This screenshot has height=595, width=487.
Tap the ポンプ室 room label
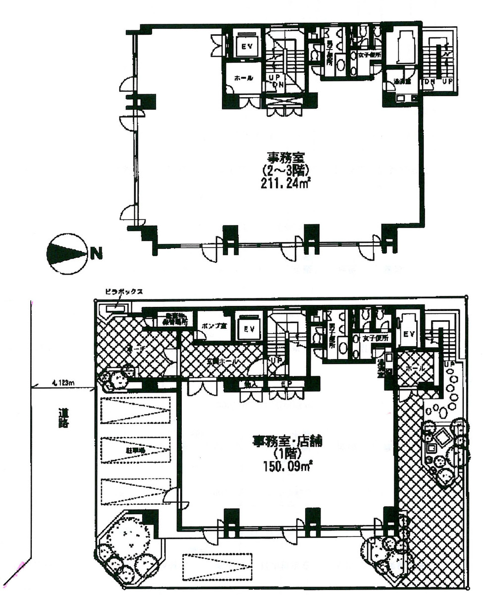coord(214,327)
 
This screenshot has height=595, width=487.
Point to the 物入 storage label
coord(247,384)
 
